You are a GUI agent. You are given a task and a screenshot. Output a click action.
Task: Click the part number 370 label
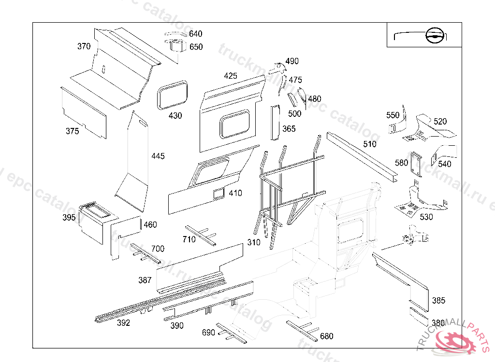click(84, 46)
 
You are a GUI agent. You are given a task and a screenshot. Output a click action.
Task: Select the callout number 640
click(195, 34)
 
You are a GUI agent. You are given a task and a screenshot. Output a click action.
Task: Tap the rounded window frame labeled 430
click(173, 95)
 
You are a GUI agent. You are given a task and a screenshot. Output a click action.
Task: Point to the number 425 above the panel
click(231, 76)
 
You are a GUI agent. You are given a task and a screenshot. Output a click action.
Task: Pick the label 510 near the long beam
click(369, 144)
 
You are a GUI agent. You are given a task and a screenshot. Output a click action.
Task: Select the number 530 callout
click(426, 217)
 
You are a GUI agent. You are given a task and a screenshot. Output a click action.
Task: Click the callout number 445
click(158, 156)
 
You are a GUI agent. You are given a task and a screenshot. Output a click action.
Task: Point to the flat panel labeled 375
click(85, 113)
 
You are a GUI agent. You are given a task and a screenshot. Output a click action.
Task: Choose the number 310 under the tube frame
click(253, 242)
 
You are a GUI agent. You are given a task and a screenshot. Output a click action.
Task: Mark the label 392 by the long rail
click(123, 323)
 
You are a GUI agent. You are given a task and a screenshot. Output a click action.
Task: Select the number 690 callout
click(208, 333)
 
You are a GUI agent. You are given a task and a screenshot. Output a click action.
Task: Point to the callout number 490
click(292, 61)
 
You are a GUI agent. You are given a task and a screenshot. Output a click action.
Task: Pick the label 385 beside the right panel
click(438, 301)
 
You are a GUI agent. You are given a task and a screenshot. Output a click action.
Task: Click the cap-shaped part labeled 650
click(177, 47)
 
